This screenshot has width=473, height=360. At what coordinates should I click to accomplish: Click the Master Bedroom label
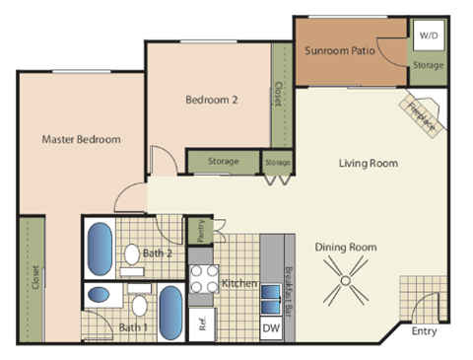point(81,139)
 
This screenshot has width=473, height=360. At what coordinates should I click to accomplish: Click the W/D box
point(429,36)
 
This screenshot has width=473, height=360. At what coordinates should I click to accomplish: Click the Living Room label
point(368,163)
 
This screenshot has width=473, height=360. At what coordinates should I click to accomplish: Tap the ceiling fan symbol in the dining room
point(347,282)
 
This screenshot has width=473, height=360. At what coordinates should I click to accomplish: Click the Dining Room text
point(346,247)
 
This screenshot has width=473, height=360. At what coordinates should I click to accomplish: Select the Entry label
point(424,331)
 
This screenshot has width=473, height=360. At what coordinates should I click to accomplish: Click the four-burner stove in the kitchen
point(203,280)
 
